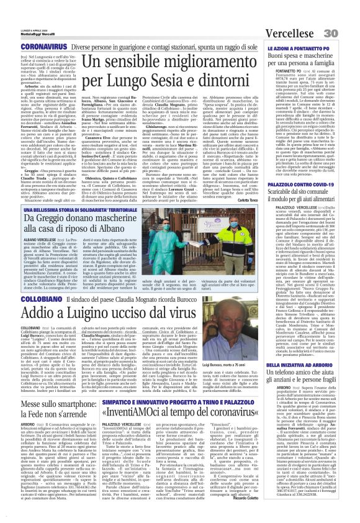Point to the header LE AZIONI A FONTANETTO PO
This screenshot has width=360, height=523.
pyautogui.click(x=299, y=30)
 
